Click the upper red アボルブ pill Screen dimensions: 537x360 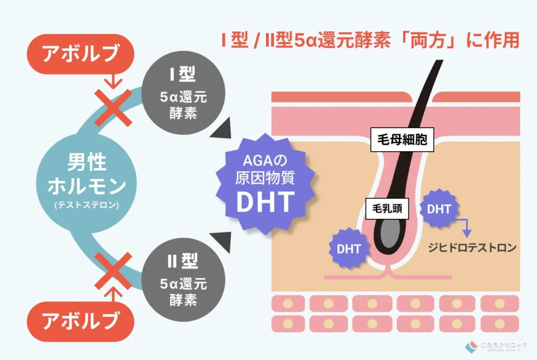click(80, 54)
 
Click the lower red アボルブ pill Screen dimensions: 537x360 click(80, 321)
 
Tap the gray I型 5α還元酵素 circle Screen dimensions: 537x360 click(183, 93)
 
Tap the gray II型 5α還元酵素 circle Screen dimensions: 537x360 click(183, 280)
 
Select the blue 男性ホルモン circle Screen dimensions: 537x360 click(87, 183)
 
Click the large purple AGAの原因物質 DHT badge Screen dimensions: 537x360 click(265, 184)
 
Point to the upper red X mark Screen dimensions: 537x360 click(113, 108)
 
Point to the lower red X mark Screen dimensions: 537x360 click(113, 271)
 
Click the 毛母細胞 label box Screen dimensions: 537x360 click(402, 140)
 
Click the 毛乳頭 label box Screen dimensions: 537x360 click(387, 208)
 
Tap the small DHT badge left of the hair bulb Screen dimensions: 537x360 click(349, 249)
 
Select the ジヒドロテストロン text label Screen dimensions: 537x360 click(472, 248)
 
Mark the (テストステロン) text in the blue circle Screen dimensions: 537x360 click(87, 205)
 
